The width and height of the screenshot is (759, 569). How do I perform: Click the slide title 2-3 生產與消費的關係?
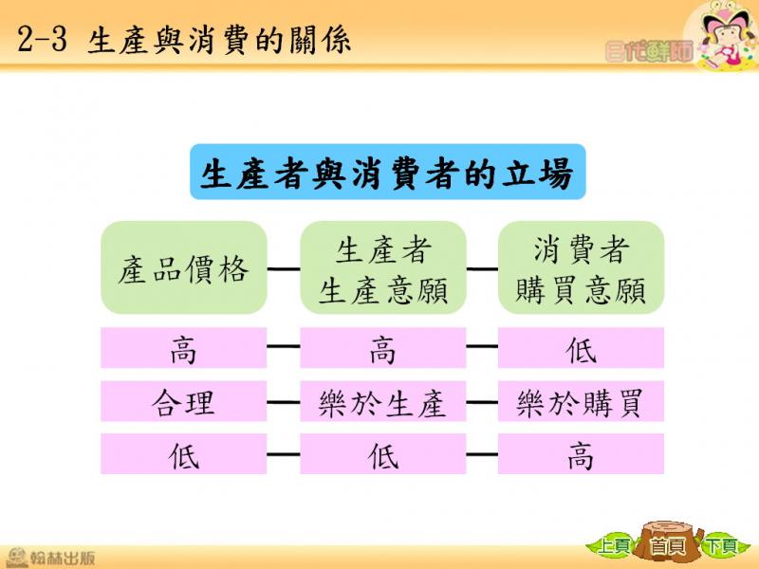(x=184, y=40)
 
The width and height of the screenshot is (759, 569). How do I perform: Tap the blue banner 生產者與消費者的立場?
(x=388, y=172)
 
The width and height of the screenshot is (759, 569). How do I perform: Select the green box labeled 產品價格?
(x=184, y=267)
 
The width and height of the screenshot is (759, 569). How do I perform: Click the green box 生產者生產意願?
(x=383, y=267)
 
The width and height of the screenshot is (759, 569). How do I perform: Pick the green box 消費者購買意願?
(x=581, y=267)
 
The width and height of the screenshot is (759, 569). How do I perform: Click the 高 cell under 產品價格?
(x=184, y=348)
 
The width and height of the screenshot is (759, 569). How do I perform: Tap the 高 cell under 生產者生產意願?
(x=383, y=348)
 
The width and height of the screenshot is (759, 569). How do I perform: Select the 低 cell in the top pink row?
(x=581, y=348)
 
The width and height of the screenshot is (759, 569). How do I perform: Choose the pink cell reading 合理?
(x=184, y=401)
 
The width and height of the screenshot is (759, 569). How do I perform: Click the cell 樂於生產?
(x=383, y=401)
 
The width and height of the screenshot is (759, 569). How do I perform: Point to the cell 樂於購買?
(x=581, y=401)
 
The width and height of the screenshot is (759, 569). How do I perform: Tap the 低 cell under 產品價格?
(x=184, y=454)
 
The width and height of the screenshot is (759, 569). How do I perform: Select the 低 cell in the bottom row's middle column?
(x=383, y=454)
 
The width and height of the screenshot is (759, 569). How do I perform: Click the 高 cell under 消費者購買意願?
(x=581, y=454)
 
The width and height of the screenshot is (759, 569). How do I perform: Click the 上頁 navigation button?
(x=613, y=547)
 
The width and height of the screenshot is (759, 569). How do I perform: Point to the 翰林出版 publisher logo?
(x=51, y=558)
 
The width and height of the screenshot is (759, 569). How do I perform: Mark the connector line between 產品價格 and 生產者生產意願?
(x=284, y=269)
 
